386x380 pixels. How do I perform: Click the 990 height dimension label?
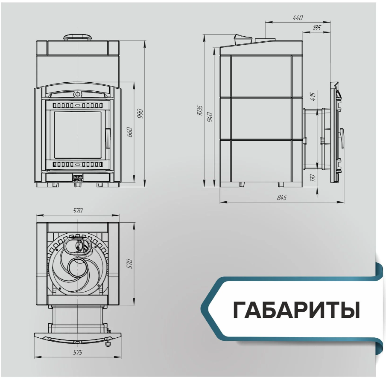[x=140, y=113]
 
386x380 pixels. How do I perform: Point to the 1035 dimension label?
[x=199, y=110]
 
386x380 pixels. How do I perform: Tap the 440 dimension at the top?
[x=298, y=18]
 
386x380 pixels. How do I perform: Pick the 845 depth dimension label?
[x=282, y=197]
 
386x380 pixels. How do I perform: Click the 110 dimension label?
[x=313, y=178]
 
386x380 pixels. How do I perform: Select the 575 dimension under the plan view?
[x=78, y=352]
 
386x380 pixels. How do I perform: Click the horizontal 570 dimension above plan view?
[x=78, y=211]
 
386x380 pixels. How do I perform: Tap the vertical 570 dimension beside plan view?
[x=130, y=264]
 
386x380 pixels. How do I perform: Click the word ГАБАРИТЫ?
[x=296, y=310]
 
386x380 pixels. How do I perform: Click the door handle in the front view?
[x=108, y=138]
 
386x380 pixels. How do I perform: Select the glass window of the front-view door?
[x=78, y=135]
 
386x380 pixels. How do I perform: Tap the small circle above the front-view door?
[x=78, y=94]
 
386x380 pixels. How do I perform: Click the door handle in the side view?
[x=342, y=138]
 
